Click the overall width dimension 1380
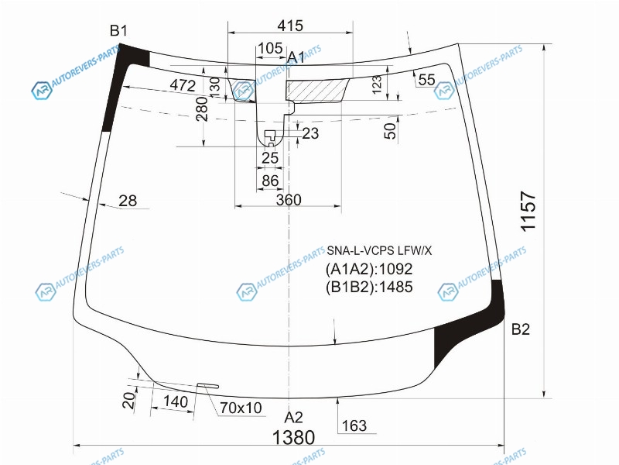[x=294, y=437]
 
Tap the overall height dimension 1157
[x=528, y=212]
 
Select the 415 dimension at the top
[x=290, y=26]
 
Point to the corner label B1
[x=118, y=30]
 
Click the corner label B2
[x=520, y=329]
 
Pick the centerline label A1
[x=296, y=57]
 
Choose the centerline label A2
[x=293, y=418]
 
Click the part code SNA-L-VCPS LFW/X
[x=379, y=250]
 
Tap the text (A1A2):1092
[x=369, y=269]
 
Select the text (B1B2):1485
[x=369, y=287]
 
